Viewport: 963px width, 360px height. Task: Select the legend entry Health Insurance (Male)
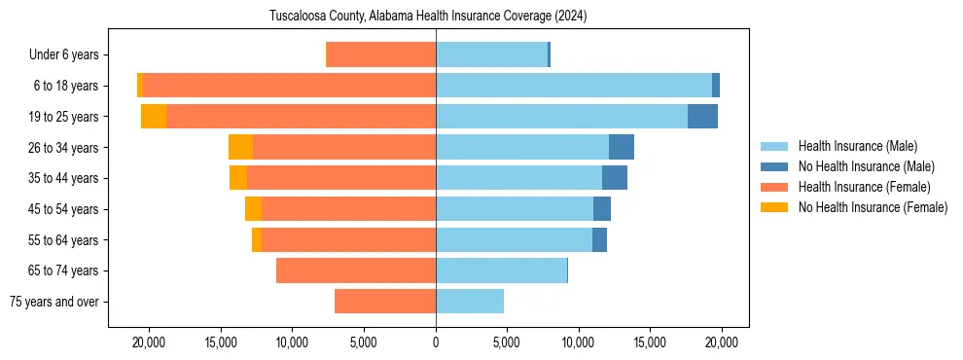[857, 146]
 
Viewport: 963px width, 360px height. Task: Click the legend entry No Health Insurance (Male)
[865, 166]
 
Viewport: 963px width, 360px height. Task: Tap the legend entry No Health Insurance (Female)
[872, 207]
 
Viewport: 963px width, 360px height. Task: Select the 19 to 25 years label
[66, 117]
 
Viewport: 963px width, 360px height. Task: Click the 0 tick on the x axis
[436, 342]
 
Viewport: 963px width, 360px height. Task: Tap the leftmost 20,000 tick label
[150, 342]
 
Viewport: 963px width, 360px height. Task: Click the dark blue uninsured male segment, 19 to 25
[702, 117]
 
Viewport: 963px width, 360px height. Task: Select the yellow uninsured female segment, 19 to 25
[154, 117]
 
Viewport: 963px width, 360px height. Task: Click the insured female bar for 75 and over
[385, 302]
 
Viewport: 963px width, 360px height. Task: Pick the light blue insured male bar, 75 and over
[470, 302]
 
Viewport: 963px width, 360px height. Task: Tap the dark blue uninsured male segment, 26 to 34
[622, 147]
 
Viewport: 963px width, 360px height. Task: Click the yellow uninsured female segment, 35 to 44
[238, 178]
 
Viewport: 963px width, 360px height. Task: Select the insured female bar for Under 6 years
[381, 54]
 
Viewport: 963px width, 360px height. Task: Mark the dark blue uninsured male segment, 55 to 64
[599, 239]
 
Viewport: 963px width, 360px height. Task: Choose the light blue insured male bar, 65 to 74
[501, 270]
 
